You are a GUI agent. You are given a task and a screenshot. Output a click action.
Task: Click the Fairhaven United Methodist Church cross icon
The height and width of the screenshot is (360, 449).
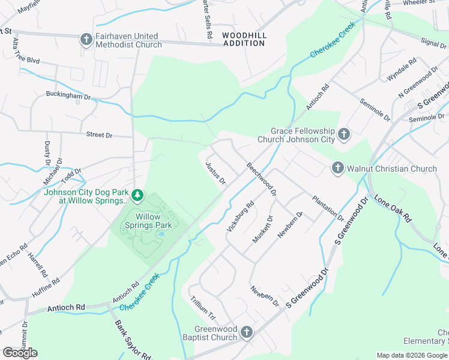click(x=86, y=40)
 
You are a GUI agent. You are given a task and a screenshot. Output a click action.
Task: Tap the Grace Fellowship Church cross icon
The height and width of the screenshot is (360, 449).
click(x=344, y=134)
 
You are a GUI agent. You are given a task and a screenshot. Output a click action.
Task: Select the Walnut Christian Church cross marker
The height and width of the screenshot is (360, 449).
click(x=337, y=169)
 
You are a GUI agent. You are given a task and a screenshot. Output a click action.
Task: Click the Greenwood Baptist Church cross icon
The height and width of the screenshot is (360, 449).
click(x=246, y=332)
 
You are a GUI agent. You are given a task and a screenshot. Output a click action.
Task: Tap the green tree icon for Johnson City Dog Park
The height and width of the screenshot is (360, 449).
click(x=138, y=195)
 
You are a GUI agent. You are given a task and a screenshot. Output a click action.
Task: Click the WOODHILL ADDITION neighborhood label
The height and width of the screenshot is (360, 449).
click(x=244, y=40)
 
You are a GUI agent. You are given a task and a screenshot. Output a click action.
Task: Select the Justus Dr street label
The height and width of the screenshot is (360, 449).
click(x=215, y=173)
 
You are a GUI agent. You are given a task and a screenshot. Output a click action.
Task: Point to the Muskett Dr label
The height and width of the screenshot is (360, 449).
click(x=262, y=229)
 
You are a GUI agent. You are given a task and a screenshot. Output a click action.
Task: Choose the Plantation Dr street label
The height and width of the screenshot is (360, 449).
click(x=327, y=208)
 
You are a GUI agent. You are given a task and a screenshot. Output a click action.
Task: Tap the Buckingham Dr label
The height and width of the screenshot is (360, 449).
click(x=68, y=95)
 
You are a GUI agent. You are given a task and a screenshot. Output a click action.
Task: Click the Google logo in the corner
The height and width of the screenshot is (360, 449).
click(x=20, y=353)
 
